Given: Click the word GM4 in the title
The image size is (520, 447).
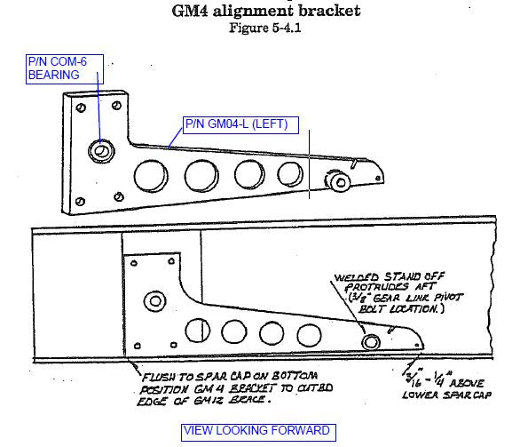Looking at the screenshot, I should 191,12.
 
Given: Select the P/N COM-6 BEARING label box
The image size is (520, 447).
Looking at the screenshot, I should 65,68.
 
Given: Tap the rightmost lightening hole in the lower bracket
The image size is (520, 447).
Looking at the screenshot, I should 308,335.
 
